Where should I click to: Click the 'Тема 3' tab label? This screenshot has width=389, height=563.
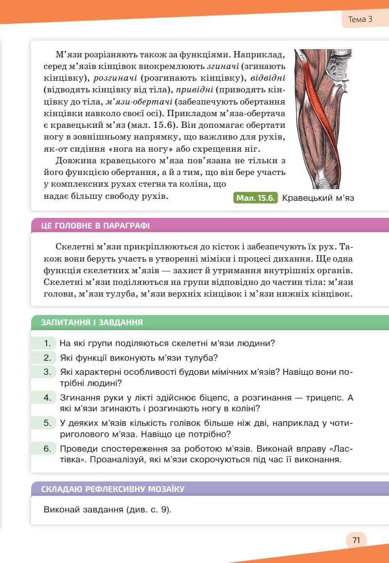tap(360, 20)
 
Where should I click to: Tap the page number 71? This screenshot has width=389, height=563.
tap(356, 540)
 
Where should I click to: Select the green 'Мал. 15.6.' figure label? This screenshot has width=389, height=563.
tap(256, 198)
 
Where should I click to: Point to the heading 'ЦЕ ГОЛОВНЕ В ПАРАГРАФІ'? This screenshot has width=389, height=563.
tap(95, 226)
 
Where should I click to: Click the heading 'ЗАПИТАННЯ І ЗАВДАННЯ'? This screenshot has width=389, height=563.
tap(92, 322)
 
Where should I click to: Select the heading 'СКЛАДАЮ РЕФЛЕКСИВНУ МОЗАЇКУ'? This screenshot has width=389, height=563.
tap(113, 489)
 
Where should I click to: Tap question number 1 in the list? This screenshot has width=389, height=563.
tap(48, 343)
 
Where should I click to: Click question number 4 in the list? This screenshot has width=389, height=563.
tap(48, 398)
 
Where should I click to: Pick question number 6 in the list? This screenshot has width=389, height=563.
tap(48, 448)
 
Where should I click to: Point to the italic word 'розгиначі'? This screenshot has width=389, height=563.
tap(114, 78)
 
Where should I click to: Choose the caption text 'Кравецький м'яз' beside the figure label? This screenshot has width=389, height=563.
tap(318, 198)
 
